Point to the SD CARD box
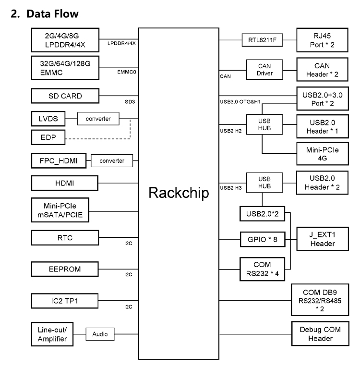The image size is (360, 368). [65, 96]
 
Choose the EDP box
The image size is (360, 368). [47, 138]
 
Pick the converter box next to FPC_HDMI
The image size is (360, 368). [112, 160]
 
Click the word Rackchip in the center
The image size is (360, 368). [179, 193]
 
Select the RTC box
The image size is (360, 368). [65, 237]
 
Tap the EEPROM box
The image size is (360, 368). [65, 270]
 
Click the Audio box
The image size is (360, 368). [100, 334]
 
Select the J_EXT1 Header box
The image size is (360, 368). [322, 239]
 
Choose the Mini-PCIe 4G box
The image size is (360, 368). [322, 153]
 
